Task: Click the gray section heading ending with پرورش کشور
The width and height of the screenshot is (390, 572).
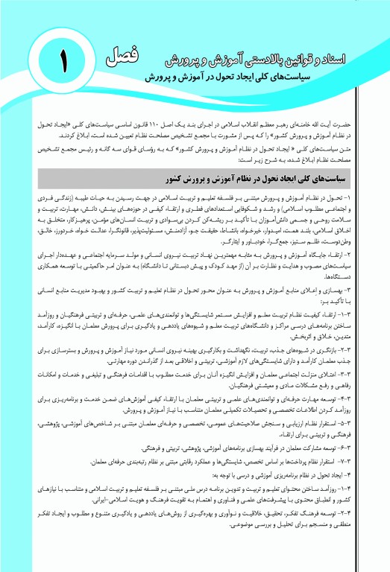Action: point(277,179)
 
